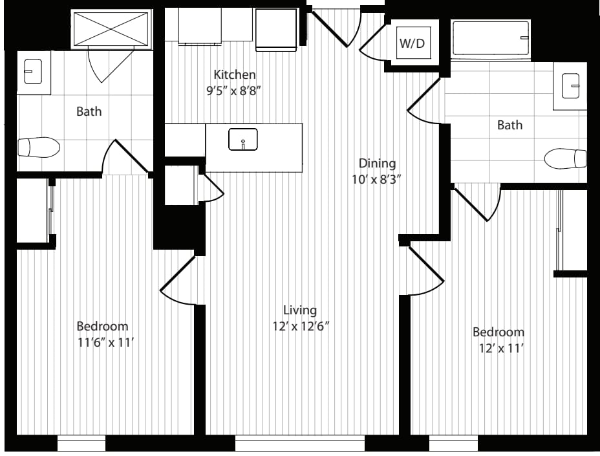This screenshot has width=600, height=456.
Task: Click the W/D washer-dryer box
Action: coord(413,43)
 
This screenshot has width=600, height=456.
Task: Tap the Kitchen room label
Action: coord(235,74)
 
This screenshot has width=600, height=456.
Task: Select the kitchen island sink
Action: coord(243,139)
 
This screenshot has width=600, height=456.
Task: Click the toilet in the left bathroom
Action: coord(39,147)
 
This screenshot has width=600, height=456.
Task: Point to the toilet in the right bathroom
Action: coord(565,158)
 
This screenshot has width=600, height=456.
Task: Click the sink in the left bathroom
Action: coord(33,71)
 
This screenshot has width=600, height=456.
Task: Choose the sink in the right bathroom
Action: coord(570,86)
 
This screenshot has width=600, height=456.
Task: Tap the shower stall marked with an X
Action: coord(111,29)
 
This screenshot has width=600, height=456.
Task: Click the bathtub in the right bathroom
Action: coord(491,38)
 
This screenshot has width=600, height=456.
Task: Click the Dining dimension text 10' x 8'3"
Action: coord(376,179)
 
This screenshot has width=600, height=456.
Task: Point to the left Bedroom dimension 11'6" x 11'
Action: coord(105,342)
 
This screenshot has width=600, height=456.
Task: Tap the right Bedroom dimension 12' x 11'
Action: coord(500,349)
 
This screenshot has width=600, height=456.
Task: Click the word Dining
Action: coord(378,164)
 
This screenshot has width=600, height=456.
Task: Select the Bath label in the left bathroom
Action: coord(89,111)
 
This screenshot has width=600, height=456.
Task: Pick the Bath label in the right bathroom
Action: coord(509,125)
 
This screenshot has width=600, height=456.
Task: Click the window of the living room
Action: coord(299,443)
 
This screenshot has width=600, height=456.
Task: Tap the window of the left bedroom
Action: coord(81,443)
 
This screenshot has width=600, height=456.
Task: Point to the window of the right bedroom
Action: coord(453,443)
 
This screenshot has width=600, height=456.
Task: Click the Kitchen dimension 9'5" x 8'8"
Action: coord(234,91)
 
